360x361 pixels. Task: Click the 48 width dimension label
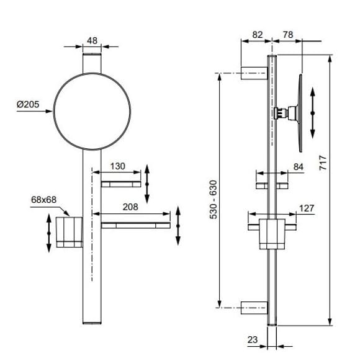click(x=92, y=41)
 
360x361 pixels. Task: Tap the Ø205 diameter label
click(x=28, y=105)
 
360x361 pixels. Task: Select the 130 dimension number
click(x=117, y=166)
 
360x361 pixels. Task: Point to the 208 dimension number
click(x=130, y=207)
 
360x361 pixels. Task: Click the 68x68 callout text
click(x=44, y=200)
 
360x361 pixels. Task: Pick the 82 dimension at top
click(x=257, y=35)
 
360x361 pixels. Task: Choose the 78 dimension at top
click(x=288, y=35)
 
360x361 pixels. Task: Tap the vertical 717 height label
click(x=323, y=163)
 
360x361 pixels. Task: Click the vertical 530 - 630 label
click(x=214, y=200)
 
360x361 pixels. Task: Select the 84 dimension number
click(x=299, y=167)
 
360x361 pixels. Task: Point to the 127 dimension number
click(x=307, y=208)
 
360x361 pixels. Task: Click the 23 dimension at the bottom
click(x=253, y=339)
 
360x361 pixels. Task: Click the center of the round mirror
click(x=92, y=112)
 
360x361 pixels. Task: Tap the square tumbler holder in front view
click(x=70, y=232)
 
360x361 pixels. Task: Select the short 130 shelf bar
click(x=121, y=184)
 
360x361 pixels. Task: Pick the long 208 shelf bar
click(x=136, y=225)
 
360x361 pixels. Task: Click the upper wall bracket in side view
click(x=254, y=73)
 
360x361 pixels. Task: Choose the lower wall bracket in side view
click(x=254, y=308)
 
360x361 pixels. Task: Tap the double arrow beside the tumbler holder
click(x=49, y=233)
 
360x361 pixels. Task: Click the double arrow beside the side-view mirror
click(x=313, y=113)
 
